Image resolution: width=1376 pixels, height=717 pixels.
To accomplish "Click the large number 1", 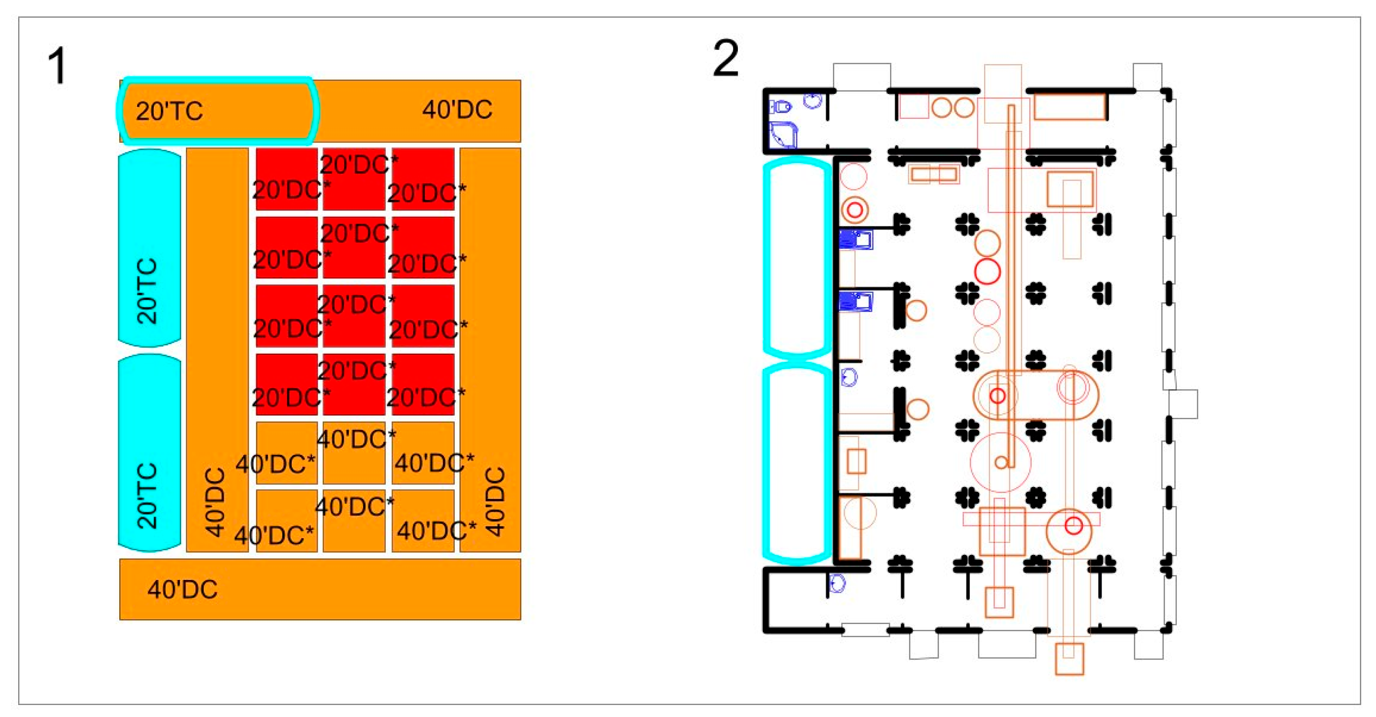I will coord(57,66).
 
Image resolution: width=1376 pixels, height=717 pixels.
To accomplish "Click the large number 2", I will coord(725,59).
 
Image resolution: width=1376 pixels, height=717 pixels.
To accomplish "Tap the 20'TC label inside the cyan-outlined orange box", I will coord(169,111).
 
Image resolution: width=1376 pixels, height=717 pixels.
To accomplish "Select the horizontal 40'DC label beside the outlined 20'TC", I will coord(457,110).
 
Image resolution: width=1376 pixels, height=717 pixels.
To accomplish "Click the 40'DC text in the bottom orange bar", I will coord(182,590).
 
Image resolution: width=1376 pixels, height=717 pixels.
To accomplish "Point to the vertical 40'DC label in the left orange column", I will coord(215,502).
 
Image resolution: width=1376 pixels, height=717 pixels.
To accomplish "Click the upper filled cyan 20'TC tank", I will coord(149,248).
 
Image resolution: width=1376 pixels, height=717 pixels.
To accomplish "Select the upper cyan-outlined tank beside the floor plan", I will coord(796,258).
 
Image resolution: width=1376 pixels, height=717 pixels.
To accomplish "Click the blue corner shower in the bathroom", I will coord(783,135).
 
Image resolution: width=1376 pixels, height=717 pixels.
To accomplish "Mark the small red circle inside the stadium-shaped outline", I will coord(998,395).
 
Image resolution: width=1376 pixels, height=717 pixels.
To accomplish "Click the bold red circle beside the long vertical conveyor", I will coord(987,271).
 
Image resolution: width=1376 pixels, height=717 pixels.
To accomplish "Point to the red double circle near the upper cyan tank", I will coord(855,209).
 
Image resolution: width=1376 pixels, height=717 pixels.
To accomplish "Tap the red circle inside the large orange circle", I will coord(1074,525).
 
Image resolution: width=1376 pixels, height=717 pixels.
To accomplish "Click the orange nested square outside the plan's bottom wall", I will coord(1069,658).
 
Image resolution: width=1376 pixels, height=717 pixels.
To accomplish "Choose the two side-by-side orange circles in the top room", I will coord(953,107).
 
